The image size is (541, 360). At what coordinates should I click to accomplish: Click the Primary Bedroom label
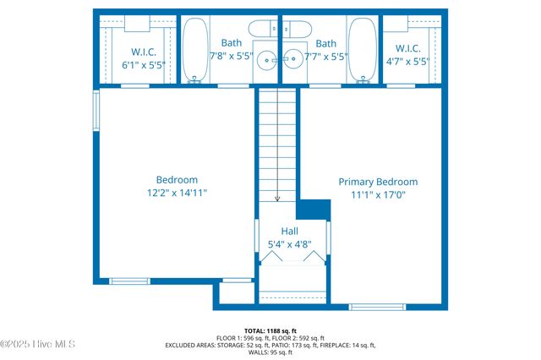(378, 182)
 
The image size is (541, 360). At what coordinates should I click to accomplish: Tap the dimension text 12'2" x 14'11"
(177, 193)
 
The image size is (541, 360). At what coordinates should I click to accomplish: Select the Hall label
(289, 231)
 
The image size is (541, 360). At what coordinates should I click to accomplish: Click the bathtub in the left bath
(195, 51)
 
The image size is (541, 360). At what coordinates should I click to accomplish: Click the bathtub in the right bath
(363, 51)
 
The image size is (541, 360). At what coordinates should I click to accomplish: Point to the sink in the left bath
(266, 59)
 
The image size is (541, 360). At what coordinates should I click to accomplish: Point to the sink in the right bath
(292, 59)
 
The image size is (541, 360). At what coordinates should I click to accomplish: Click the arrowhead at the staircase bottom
(277, 199)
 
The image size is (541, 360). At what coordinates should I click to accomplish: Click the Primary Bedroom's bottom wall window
(377, 306)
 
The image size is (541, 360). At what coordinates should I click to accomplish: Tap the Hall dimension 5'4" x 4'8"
(289, 245)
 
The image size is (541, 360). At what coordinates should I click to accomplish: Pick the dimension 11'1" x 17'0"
(378, 195)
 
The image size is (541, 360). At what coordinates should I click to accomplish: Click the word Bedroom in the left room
(177, 179)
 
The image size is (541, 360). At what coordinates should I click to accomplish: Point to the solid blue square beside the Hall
(314, 209)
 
